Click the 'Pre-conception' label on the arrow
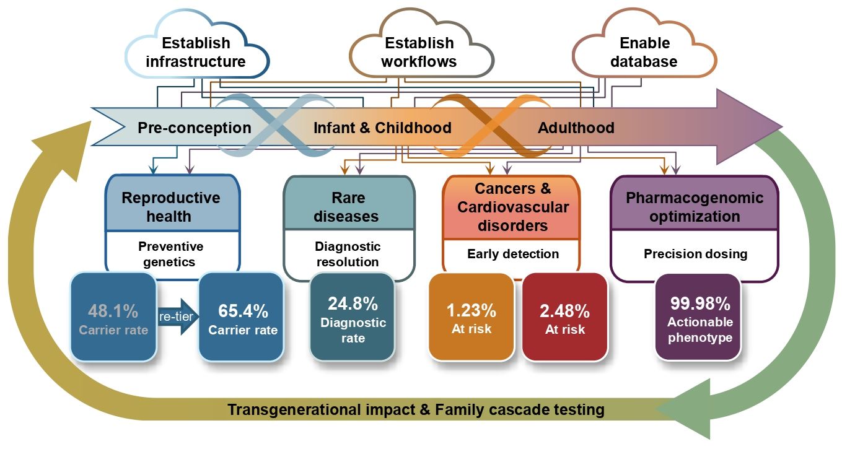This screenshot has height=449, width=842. (195, 128)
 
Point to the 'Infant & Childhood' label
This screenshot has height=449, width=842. (382, 128)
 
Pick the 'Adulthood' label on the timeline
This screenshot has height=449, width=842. (576, 128)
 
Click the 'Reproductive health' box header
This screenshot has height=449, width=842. (172, 203)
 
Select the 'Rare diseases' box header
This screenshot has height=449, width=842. (349, 203)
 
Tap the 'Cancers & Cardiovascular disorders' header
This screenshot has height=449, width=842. (512, 207)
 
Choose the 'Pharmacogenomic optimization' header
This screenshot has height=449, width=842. (695, 203)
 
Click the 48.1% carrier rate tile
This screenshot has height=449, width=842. (113, 318)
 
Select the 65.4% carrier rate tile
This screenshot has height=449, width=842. (241, 318)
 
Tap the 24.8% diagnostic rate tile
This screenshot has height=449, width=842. (353, 318)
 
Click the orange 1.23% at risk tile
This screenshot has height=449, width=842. (471, 318)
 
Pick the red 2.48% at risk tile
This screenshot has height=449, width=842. (565, 318)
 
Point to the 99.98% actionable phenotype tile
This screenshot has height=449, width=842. (698, 318)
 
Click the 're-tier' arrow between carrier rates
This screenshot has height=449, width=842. (178, 316)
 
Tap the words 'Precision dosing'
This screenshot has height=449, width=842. (695, 254)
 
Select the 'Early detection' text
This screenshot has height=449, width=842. (513, 254)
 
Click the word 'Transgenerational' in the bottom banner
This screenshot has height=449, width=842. (294, 409)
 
